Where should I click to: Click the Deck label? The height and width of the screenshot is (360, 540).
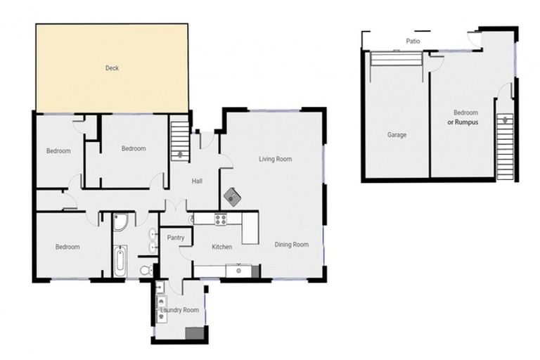(x=112, y=68)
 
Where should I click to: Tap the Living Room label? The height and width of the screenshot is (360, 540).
(x=275, y=159)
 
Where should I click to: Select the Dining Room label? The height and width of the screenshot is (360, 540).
(x=291, y=244)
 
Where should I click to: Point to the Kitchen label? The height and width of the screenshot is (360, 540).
(x=221, y=247)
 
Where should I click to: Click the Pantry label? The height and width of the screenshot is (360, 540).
(x=176, y=238)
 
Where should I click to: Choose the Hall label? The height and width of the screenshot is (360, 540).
(x=197, y=181)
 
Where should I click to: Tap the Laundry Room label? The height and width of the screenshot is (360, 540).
(x=180, y=310)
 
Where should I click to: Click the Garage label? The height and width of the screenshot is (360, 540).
(x=397, y=135)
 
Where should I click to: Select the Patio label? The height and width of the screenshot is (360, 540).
(x=413, y=41)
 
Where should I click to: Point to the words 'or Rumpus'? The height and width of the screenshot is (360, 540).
(x=463, y=122)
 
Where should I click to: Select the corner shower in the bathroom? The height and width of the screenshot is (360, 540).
(x=120, y=221)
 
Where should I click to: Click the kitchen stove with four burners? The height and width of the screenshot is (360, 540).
(x=221, y=219)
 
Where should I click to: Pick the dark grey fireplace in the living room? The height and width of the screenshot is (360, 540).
(x=233, y=197)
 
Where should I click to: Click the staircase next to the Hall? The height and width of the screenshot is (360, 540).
(x=180, y=138)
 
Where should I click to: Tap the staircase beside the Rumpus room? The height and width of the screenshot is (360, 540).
(x=506, y=147)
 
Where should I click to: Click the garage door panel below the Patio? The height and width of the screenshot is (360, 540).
(x=397, y=58)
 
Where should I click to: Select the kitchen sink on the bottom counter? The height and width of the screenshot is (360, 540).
(x=238, y=271)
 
